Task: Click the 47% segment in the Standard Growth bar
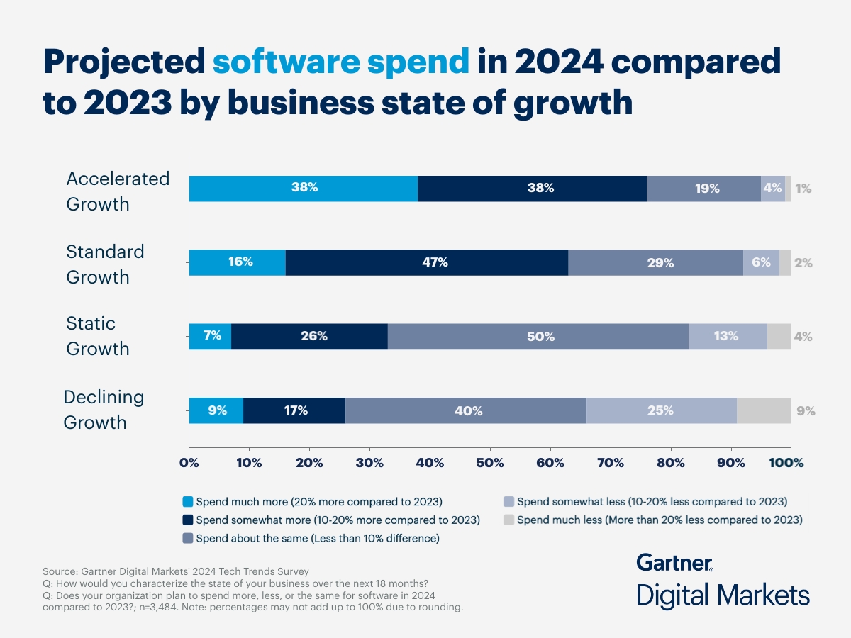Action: (427, 262)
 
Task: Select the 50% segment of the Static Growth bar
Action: (538, 337)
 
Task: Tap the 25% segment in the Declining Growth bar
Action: (661, 410)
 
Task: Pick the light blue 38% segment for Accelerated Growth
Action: (304, 189)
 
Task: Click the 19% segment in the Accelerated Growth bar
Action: (704, 189)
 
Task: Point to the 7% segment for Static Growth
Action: (210, 337)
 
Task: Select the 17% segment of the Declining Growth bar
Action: (294, 410)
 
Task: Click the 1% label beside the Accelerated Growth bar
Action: (803, 189)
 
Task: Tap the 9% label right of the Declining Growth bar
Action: (806, 410)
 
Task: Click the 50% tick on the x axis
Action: (490, 463)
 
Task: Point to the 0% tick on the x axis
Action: (189, 463)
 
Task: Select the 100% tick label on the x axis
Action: (786, 463)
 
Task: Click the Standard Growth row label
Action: (105, 264)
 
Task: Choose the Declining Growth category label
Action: (104, 410)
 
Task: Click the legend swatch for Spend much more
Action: (188, 502)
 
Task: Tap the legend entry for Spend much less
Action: (660, 520)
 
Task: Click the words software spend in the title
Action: (341, 63)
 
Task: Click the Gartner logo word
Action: (674, 563)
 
